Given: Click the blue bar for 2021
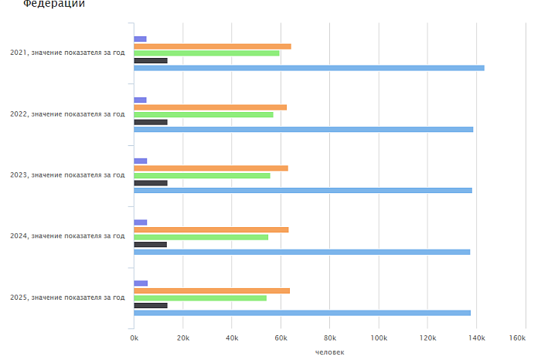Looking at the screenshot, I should [309, 68].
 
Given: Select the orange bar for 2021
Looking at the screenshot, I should [213, 46].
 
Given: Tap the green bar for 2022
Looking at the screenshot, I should [203, 114].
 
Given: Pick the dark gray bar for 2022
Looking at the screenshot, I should [151, 122].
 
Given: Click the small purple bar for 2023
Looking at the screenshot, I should [141, 161].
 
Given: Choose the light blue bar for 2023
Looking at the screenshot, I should [303, 190].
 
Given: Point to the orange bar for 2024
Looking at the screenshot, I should [211, 229].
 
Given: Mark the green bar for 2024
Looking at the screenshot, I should [201, 236].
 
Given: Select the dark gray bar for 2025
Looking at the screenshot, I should [151, 305].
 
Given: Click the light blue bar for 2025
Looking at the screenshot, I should [302, 313].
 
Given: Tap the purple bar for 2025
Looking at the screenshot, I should [141, 284].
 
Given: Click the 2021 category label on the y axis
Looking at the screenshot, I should [67, 53].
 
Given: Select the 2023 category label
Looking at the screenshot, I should [67, 175].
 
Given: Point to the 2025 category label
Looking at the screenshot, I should [67, 297].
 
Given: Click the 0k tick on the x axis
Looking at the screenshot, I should [134, 338].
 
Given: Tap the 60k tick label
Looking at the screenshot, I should [281, 338].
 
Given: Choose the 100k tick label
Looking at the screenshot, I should [378, 338].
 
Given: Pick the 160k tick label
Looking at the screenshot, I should [518, 338].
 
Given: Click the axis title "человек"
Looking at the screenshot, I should [330, 352].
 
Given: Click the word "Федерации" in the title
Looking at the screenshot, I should [54, 4].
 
